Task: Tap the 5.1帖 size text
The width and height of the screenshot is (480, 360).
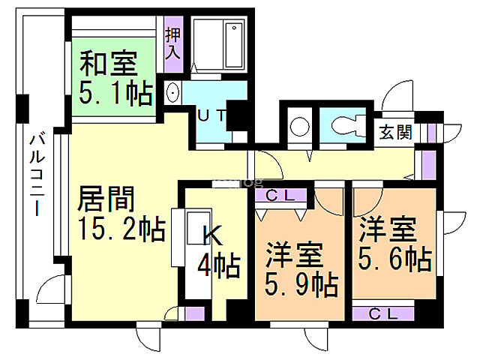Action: coord(115,94)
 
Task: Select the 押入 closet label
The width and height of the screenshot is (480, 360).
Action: coord(173,43)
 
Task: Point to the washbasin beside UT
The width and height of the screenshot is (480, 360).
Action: coord(172,93)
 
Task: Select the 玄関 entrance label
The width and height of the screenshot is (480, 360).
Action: coord(394,133)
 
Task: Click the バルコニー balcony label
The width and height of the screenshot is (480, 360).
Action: coord(35,172)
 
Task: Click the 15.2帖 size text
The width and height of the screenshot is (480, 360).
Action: coord(121,229)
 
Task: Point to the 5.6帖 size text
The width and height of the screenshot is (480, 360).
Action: coord(394,259)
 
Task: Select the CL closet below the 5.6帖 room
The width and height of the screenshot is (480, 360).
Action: coord(382,313)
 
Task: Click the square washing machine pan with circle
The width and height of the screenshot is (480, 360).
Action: coord(298,124)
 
